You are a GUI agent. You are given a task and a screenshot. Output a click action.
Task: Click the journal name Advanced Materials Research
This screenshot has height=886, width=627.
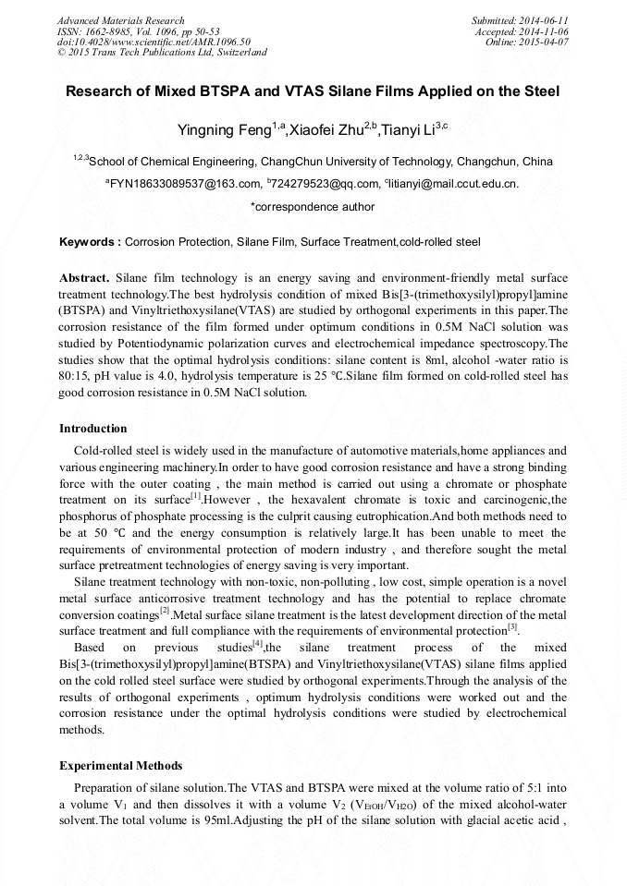click(120, 20)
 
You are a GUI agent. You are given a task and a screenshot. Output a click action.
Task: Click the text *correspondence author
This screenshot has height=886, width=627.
click(313, 207)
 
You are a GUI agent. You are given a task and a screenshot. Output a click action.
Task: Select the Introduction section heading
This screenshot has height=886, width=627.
click(93, 429)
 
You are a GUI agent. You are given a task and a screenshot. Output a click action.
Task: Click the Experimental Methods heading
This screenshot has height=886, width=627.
click(120, 766)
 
